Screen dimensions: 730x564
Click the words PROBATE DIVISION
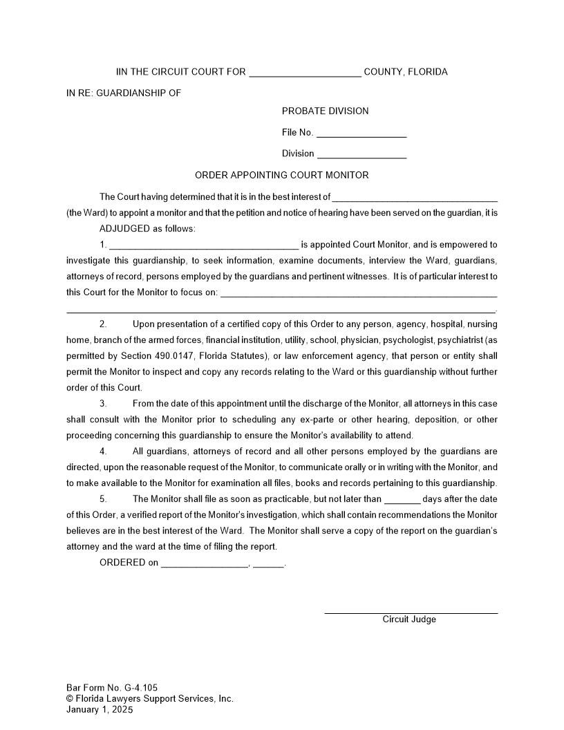325,111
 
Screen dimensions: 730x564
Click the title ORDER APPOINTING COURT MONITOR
281,175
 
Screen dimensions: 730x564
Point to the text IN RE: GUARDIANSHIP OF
124,93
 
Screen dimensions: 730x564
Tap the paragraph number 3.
103,404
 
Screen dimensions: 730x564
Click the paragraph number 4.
103,451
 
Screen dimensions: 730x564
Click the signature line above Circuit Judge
411,612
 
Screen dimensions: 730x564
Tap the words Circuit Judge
409,619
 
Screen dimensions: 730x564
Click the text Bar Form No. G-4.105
112,688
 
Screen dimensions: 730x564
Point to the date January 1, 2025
100,709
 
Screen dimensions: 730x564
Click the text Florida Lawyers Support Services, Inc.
155,698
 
